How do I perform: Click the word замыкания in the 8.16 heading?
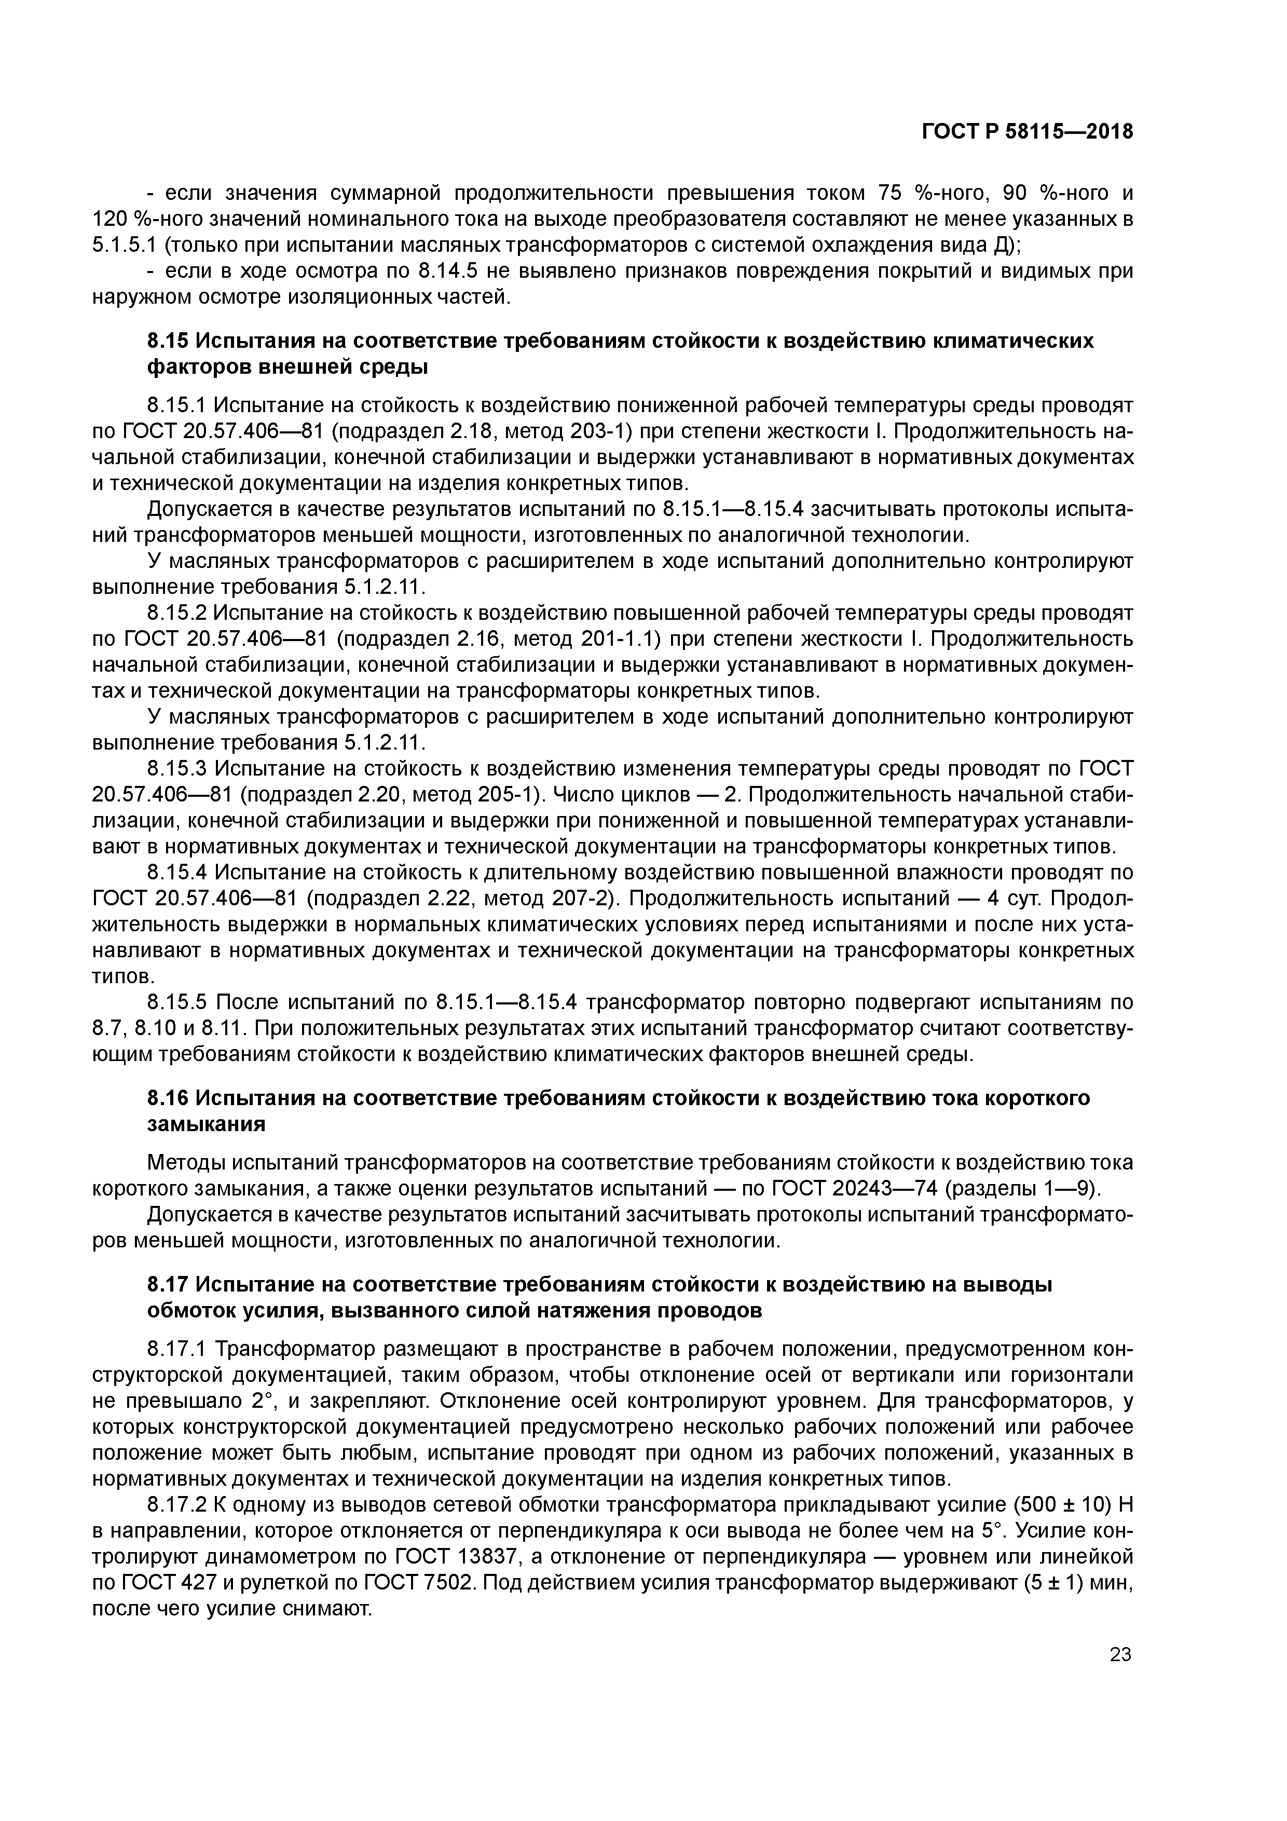[x=206, y=1125]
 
